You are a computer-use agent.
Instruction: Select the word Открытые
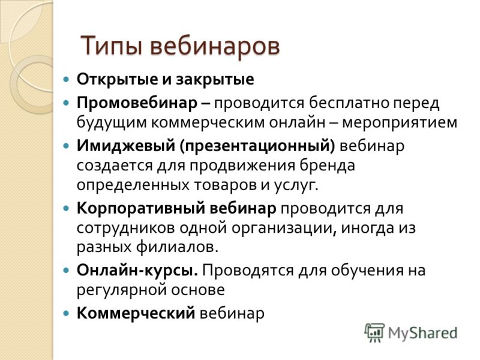[117, 79]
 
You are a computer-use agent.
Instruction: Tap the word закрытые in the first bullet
[215, 80]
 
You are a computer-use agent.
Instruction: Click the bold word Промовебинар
[137, 103]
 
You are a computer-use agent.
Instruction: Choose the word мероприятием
[400, 122]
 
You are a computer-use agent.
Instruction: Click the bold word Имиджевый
[125, 146]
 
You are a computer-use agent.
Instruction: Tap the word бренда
[327, 165]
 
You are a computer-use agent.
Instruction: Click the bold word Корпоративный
[141, 209]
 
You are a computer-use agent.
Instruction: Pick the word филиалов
[177, 247]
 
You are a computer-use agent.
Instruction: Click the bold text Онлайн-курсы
[137, 271]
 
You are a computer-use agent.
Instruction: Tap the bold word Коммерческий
[136, 313]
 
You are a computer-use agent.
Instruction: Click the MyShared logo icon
[374, 332]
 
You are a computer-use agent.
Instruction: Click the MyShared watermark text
[423, 333]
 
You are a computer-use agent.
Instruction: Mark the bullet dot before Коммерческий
[66, 313]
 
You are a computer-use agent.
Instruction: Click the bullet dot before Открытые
[66, 80]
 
